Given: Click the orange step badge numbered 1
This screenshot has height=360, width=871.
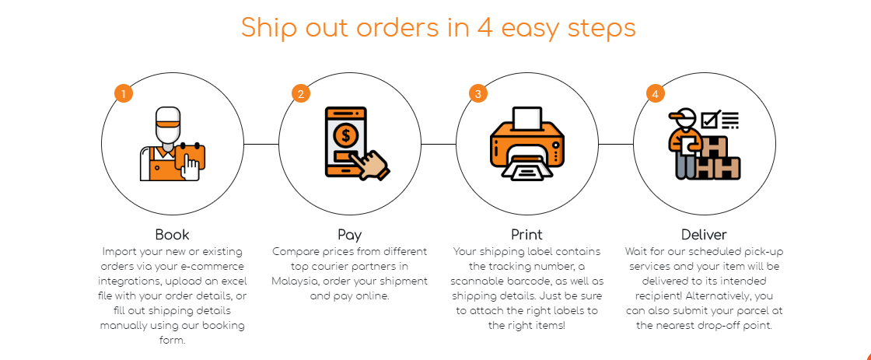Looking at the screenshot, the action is (124, 93).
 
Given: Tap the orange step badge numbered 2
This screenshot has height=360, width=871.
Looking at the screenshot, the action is (300, 93).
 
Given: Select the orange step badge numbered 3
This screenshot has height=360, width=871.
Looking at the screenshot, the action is (477, 93).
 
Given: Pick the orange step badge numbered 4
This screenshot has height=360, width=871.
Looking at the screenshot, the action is (656, 93).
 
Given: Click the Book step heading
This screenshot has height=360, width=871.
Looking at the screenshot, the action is (172, 235).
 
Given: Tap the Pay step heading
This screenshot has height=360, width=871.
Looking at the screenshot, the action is (349, 235).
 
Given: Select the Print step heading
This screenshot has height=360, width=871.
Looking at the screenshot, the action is (526, 235).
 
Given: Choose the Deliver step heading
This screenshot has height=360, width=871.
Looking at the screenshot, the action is (704, 235).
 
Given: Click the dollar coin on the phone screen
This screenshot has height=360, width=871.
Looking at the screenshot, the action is (346, 135).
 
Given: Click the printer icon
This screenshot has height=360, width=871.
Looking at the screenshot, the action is (526, 144).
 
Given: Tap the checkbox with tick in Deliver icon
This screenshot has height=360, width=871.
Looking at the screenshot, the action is (711, 119).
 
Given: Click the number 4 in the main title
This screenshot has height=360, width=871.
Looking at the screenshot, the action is (485, 28).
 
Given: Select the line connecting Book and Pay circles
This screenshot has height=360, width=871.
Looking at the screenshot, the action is (261, 144).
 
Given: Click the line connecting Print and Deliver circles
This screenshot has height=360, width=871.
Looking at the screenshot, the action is (616, 144).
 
